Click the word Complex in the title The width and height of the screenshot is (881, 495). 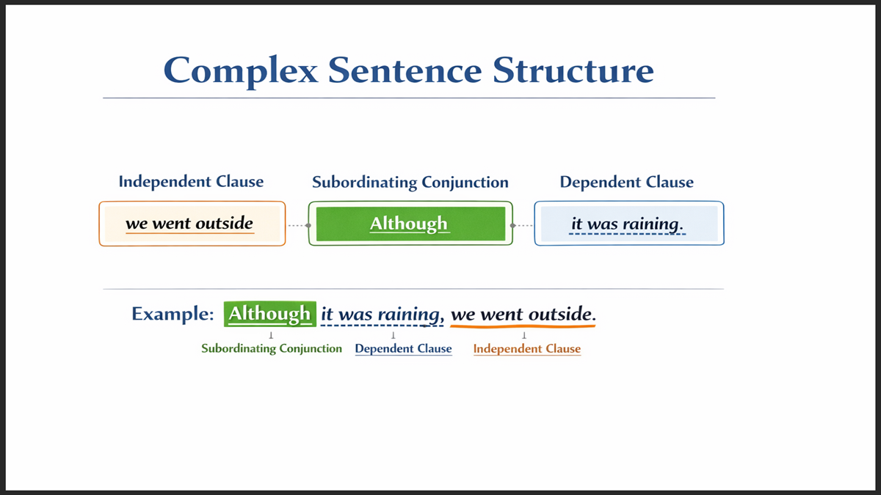pos(241,70)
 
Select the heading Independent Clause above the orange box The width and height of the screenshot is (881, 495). pos(191,181)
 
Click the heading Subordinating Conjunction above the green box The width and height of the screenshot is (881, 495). pos(410,182)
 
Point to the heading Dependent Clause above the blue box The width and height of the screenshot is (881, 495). pos(626,182)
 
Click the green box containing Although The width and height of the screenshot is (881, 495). pos(410,224)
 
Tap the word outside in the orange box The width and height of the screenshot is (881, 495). pos(224,224)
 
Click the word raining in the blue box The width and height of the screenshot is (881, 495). pos(653,224)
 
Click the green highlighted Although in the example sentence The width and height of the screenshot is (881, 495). pos(269,315)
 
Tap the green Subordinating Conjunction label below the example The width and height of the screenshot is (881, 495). pos(272,348)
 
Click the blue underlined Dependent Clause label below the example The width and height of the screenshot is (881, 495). pos(403,348)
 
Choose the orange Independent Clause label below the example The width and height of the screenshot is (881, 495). pos(526,348)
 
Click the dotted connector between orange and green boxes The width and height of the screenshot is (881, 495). pos(297,225)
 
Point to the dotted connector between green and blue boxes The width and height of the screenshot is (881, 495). pos(523,225)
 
